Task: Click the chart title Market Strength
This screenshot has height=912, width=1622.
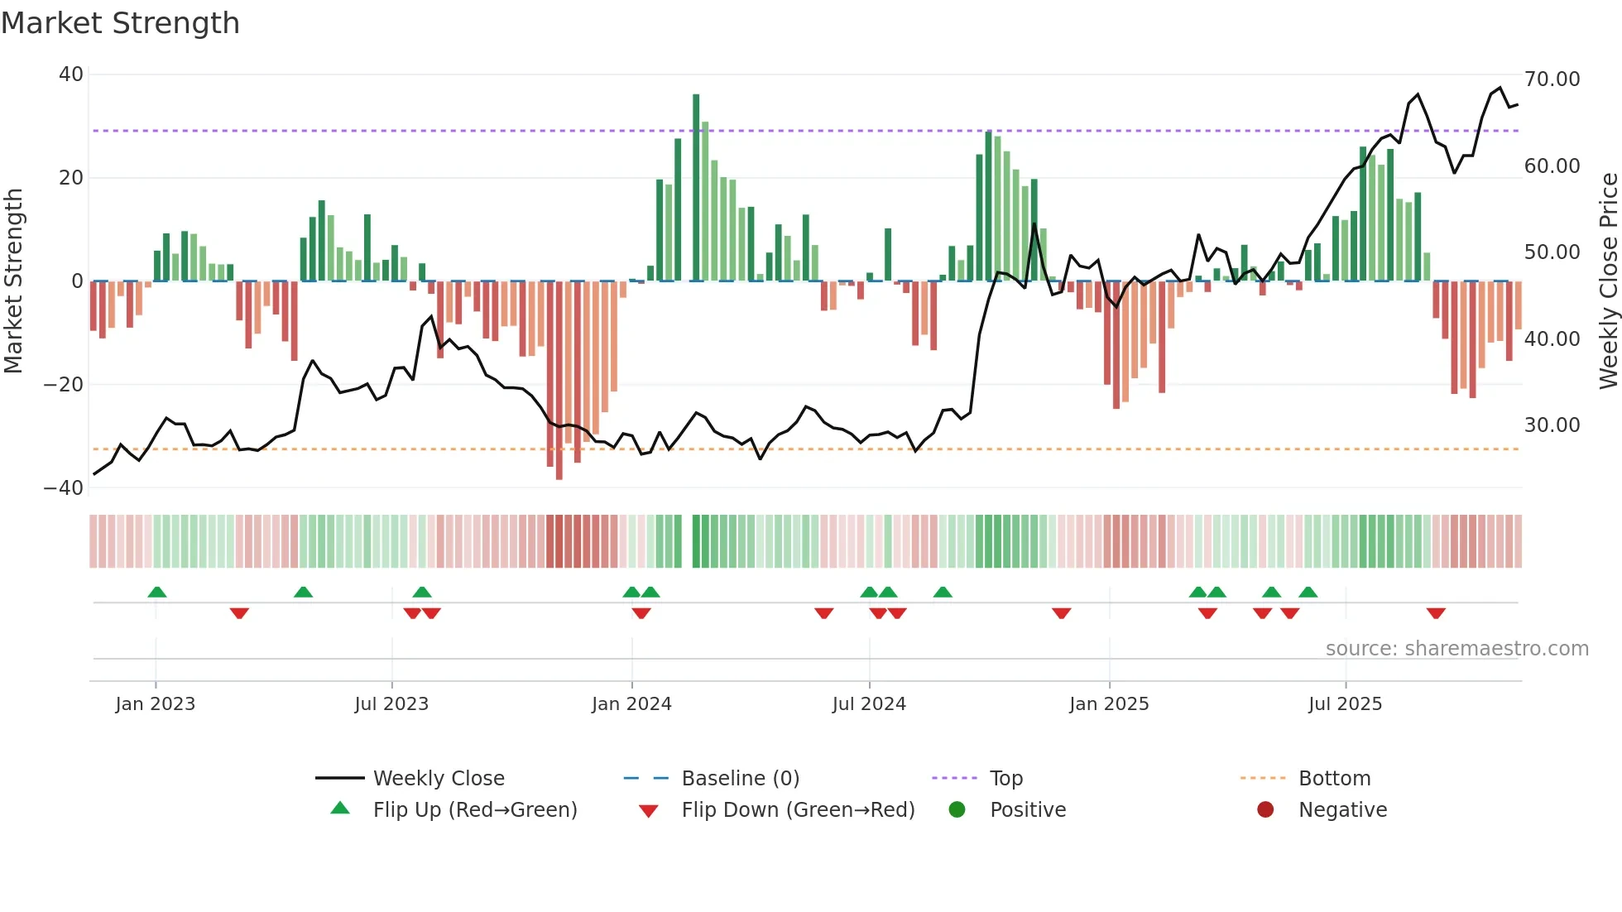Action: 120,23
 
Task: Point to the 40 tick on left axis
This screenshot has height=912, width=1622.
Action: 71,74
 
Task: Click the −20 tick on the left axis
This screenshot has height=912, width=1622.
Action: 64,384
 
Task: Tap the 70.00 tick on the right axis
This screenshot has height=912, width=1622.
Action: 1552,79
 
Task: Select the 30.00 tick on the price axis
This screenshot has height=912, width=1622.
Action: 1552,425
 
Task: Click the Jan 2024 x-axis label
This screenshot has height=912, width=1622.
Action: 631,704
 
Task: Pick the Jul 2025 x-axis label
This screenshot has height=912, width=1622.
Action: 1345,704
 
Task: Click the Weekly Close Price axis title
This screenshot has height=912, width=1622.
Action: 1608,281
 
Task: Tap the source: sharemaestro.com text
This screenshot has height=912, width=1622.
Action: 1456,649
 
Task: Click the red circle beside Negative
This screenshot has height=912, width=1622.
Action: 1265,810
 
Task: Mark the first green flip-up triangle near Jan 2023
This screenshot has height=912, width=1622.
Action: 157,592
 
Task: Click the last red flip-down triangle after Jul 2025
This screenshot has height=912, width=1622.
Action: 1436,613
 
